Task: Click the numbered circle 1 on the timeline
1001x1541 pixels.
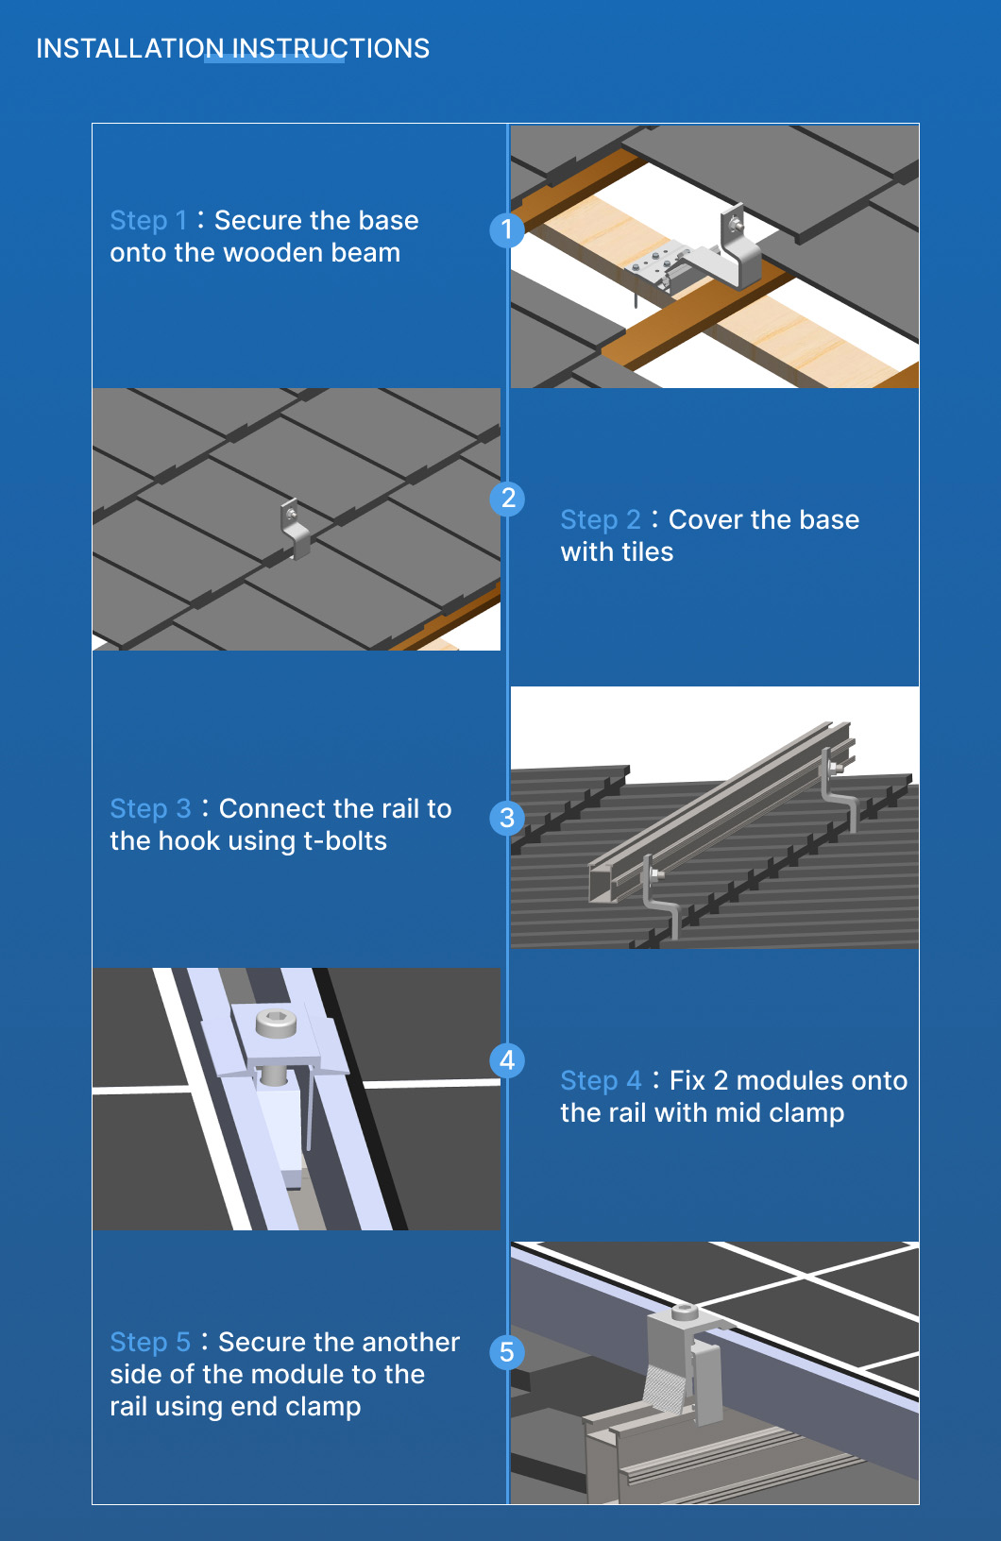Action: (x=507, y=229)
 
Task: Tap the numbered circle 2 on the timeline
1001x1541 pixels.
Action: (x=507, y=498)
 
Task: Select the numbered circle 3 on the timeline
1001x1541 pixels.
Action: (x=507, y=818)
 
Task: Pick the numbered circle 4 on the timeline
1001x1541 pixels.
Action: (x=507, y=1060)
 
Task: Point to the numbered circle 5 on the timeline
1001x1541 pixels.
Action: (x=507, y=1352)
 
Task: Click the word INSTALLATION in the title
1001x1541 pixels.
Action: (x=130, y=49)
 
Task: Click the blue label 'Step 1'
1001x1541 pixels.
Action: (x=148, y=221)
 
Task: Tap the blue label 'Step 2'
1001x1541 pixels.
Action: (x=601, y=520)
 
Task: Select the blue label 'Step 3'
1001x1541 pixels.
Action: (x=151, y=809)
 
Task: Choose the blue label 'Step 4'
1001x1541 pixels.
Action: (x=601, y=1081)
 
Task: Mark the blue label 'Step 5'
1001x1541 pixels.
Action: (x=150, y=1342)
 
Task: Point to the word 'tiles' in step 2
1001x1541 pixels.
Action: (x=647, y=551)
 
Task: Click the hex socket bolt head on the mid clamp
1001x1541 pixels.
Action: (x=276, y=1023)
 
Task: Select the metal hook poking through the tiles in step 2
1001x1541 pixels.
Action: (x=296, y=528)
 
